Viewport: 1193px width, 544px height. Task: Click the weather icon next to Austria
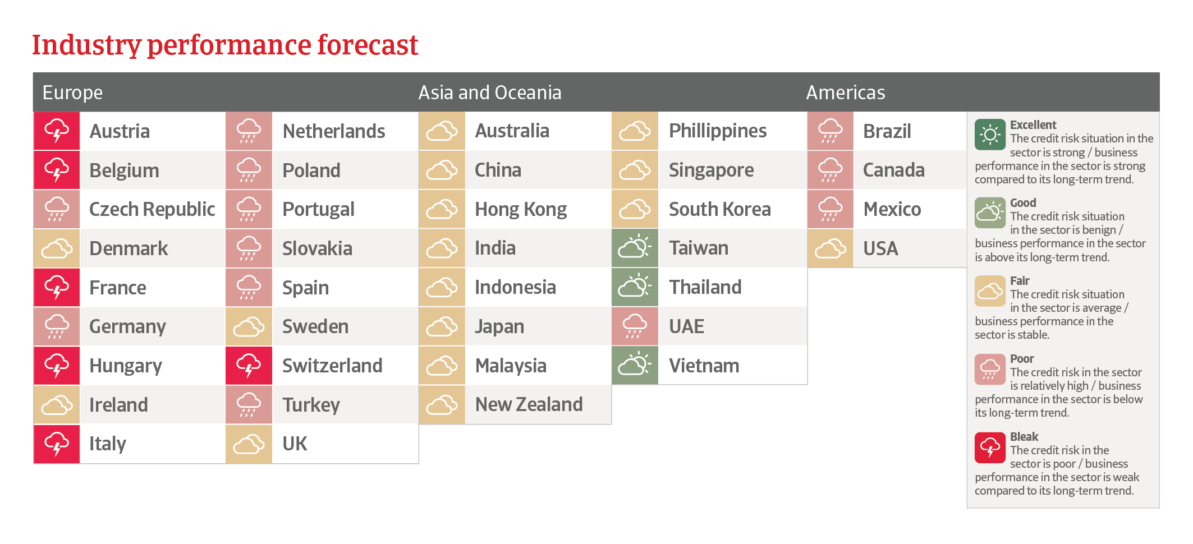pyautogui.click(x=57, y=131)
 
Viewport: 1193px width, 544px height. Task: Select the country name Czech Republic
pyautogui.click(x=152, y=209)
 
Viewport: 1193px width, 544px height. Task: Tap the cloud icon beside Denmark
pyautogui.click(x=57, y=248)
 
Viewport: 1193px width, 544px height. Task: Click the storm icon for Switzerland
pyautogui.click(x=249, y=366)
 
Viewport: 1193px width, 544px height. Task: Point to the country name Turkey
pyautogui.click(x=311, y=405)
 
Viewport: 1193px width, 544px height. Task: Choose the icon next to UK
pyautogui.click(x=249, y=444)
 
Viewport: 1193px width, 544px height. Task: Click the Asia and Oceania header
pyautogui.click(x=490, y=93)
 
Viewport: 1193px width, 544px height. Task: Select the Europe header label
pyautogui.click(x=72, y=93)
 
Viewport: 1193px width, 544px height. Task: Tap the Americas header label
pyautogui.click(x=846, y=93)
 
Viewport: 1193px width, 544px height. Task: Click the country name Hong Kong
pyautogui.click(x=521, y=209)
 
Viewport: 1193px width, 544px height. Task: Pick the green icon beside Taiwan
pyautogui.click(x=635, y=248)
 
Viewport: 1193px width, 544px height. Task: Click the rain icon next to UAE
pyautogui.click(x=635, y=326)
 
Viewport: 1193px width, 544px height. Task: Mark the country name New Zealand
pyautogui.click(x=529, y=404)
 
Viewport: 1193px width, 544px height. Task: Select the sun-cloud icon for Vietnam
pyautogui.click(x=635, y=366)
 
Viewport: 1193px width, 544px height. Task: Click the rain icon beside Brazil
pyautogui.click(x=830, y=131)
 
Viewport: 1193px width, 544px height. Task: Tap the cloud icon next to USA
pyautogui.click(x=830, y=248)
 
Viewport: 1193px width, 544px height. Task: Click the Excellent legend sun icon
pyautogui.click(x=990, y=135)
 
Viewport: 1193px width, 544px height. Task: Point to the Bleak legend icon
pyautogui.click(x=990, y=448)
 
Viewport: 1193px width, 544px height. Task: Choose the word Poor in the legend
pyautogui.click(x=1022, y=359)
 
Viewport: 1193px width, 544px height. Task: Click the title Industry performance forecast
pyautogui.click(x=225, y=45)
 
